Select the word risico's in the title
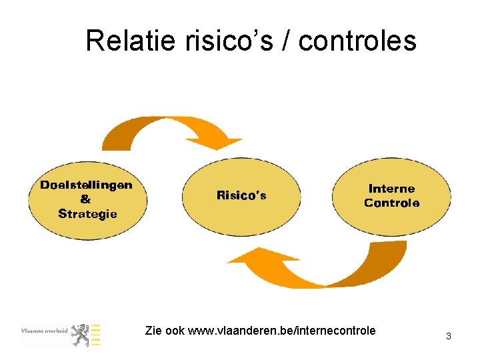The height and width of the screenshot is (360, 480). pos(215,41)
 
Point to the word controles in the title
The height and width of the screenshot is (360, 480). pos(357,41)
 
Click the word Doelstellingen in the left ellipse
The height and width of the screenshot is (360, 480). pos(86,185)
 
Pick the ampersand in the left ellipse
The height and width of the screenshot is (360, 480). pos(86,199)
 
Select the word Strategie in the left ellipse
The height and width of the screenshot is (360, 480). pos(87,214)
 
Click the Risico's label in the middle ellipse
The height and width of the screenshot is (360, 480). pos(241,195)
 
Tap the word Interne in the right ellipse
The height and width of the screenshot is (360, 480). pos(391,189)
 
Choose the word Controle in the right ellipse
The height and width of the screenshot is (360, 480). pos(392,203)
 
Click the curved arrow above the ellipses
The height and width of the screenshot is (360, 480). pos(160,131)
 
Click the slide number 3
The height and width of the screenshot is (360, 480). pos(449,337)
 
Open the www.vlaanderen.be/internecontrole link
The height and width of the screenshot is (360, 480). pos(282,331)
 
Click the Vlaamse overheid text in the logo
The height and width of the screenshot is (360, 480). pos(44,330)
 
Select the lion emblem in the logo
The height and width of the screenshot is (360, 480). pos(81,335)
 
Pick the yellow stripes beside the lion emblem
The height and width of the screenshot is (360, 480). pos(96,335)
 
